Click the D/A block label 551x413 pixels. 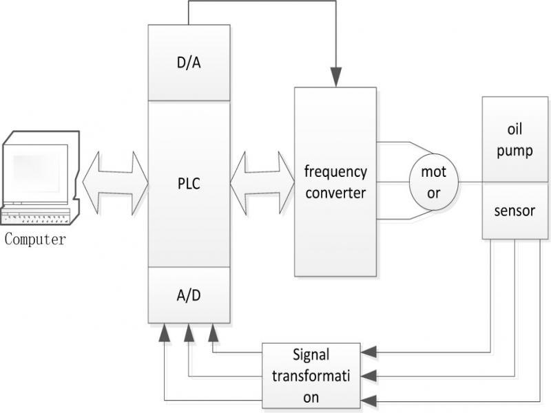[x=189, y=63]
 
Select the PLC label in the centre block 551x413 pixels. [x=189, y=184]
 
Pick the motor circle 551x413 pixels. [x=433, y=182]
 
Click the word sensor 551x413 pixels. [x=515, y=211]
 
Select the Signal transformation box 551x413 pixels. [x=311, y=376]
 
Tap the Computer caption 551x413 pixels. [x=35, y=240]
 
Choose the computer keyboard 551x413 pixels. [x=38, y=218]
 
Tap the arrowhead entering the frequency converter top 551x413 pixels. [x=335, y=80]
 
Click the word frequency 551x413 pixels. [x=335, y=171]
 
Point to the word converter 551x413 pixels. [x=335, y=193]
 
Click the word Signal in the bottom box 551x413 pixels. [x=311, y=355]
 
